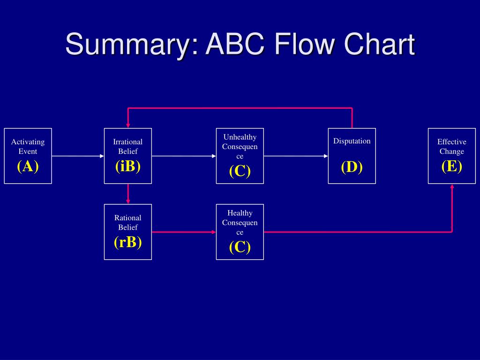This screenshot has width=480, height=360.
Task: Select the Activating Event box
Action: [28, 156]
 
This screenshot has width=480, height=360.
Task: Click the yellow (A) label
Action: [28, 166]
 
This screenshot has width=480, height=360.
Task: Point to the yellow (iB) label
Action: [128, 166]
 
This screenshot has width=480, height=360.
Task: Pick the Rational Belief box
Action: [128, 232]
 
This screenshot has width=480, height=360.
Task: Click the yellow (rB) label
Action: [128, 242]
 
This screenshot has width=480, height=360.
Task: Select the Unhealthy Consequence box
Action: [240, 156]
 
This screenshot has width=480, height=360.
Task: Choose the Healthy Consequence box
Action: [240, 232]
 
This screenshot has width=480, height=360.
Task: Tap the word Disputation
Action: [352, 141]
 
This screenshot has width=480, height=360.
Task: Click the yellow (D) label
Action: [352, 167]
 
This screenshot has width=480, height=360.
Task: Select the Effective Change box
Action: [452, 156]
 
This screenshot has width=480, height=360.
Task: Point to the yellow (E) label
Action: [452, 166]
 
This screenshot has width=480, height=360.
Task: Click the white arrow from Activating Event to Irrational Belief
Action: [78, 156]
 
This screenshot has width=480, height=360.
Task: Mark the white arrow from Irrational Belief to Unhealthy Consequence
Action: [184, 156]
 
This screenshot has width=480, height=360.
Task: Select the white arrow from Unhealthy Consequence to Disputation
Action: [296, 156]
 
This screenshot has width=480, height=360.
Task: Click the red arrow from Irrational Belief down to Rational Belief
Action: [128, 194]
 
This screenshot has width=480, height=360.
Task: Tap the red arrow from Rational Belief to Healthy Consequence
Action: [184, 232]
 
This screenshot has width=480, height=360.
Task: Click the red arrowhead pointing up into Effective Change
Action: [452, 187]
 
